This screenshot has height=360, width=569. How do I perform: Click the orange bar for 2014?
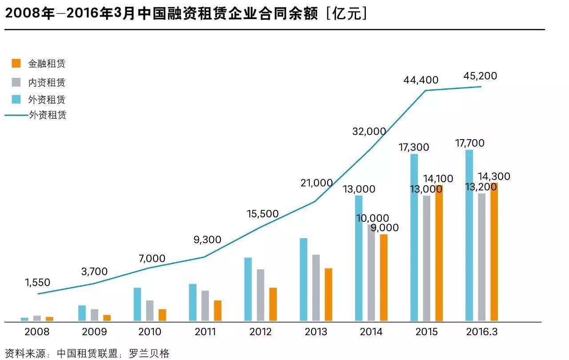click(x=384, y=277)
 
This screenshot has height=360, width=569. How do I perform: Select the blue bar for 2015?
click(x=414, y=237)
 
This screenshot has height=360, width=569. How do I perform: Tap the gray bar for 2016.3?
click(x=482, y=257)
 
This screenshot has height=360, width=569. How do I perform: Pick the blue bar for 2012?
click(x=248, y=289)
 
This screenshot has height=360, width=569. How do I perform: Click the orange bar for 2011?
click(x=217, y=311)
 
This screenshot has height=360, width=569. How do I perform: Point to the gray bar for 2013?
click(x=316, y=288)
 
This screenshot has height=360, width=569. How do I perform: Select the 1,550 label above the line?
click(x=38, y=283)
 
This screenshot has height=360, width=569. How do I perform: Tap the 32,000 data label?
click(x=369, y=131)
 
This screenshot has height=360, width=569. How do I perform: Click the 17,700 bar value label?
click(x=470, y=143)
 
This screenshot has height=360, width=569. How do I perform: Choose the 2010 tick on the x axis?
click(x=150, y=332)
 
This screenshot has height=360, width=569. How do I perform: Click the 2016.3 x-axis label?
click(x=481, y=332)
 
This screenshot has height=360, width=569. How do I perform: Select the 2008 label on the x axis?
click(x=37, y=332)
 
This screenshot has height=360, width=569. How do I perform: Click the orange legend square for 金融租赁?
click(x=16, y=63)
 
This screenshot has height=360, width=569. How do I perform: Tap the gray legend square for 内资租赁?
click(x=16, y=82)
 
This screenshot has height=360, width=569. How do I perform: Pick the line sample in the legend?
click(x=16, y=115)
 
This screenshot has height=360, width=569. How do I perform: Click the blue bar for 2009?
click(x=82, y=313)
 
